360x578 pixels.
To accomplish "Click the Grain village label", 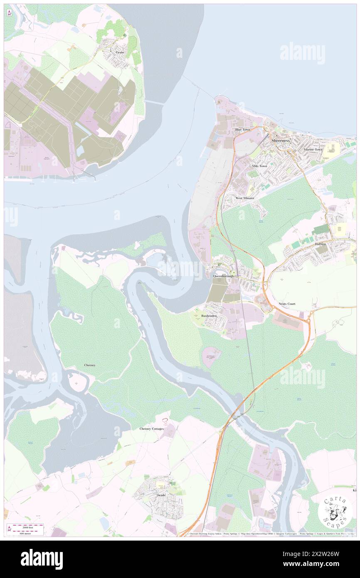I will (120, 52).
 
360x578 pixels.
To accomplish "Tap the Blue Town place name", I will (243, 130).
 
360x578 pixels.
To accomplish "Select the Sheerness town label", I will (280, 141).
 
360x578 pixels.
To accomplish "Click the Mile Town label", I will (259, 166).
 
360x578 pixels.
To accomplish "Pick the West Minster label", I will (245, 198).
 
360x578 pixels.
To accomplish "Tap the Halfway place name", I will (320, 244).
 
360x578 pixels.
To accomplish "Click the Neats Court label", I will (287, 304).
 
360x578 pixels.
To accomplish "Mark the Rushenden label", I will (210, 316).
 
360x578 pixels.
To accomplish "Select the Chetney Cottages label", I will (151, 428).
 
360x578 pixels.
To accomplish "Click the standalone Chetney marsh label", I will (90, 365).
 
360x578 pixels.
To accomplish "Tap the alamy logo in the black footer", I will (42, 559).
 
